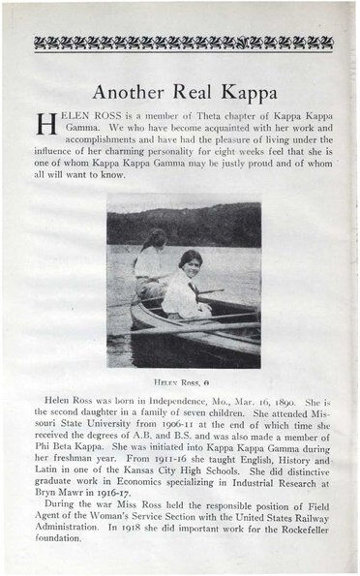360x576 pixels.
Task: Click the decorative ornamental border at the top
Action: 179,43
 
